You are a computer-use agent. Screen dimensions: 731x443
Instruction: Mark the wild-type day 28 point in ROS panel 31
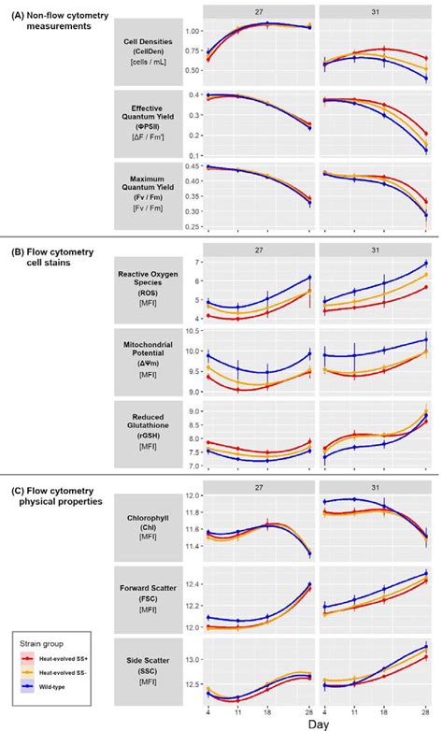tap(426, 264)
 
